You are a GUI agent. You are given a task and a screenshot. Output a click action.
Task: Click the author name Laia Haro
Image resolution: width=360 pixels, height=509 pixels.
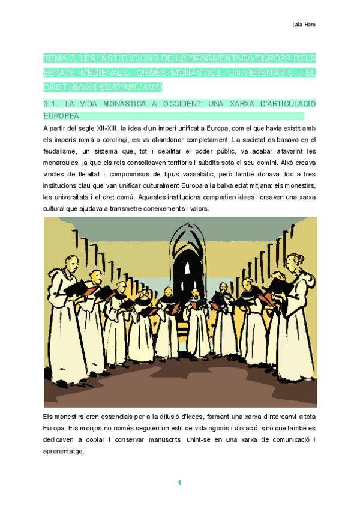[x=304, y=25]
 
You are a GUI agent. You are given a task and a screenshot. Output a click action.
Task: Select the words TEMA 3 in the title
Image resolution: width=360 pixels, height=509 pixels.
[x=59, y=59]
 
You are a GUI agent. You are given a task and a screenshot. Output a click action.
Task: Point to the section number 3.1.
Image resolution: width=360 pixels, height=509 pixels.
[x=50, y=104]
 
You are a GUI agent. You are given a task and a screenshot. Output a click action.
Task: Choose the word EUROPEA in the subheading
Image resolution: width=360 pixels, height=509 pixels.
[x=61, y=115]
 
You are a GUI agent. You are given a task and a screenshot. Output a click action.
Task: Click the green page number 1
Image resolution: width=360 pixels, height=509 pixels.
[x=179, y=483]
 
